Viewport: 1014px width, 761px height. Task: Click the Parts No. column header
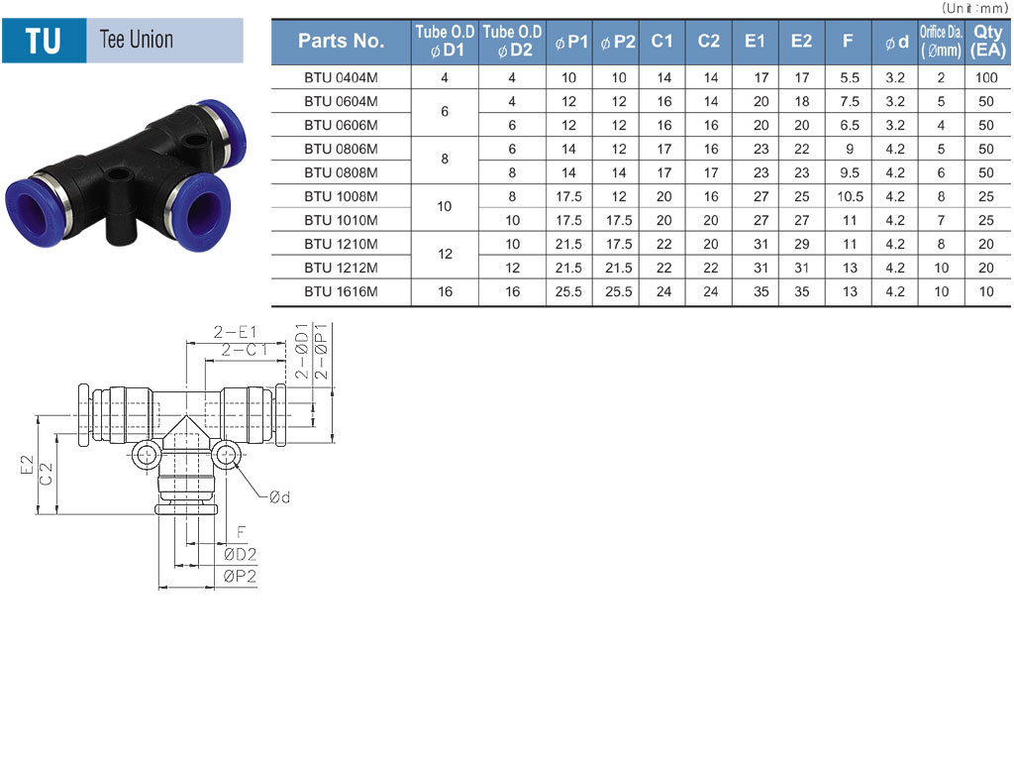341,42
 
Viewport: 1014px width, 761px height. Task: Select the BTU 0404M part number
341,77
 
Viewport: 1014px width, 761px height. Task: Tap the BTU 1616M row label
341,292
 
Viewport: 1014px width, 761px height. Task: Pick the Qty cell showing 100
986,77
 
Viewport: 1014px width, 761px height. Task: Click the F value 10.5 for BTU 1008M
850,197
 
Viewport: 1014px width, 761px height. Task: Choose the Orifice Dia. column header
941,42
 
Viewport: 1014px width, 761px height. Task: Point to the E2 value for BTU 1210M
802,244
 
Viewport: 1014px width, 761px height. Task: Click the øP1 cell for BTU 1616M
568,292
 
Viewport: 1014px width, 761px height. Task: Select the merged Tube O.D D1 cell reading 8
445,160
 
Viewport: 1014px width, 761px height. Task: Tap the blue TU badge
44,41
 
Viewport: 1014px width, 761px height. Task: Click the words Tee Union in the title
137,40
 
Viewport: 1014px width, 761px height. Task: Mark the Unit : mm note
974,8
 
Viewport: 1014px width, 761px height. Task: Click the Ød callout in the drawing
280,497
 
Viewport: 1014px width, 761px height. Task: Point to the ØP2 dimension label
240,576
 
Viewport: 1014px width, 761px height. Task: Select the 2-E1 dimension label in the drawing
236,332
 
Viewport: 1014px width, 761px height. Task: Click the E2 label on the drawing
27,464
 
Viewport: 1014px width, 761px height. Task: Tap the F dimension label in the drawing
242,532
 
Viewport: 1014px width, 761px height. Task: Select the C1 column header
662,42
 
